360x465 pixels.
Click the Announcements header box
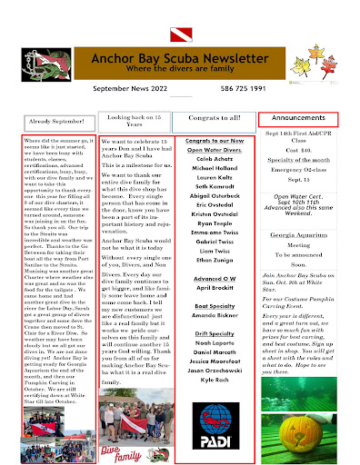point(298,118)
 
